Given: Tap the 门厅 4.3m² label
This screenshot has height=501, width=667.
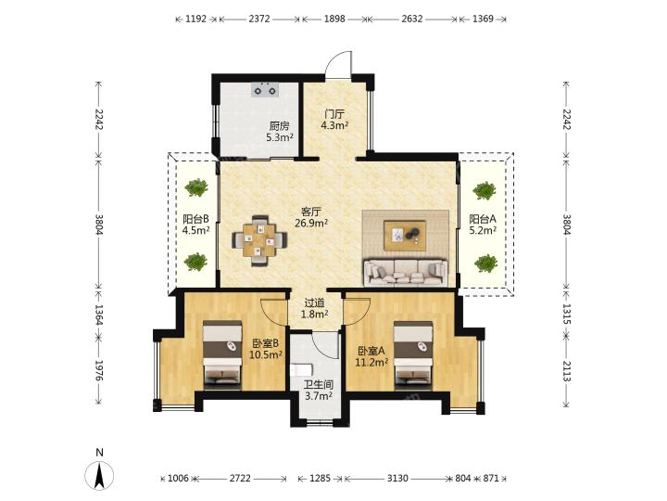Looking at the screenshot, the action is click(x=334, y=120).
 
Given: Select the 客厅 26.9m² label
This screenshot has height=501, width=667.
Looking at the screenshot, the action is click(x=311, y=217).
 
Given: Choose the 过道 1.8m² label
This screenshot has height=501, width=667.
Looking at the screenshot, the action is click(x=314, y=308).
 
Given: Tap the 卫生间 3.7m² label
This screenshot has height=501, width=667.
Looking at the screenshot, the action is click(x=318, y=391).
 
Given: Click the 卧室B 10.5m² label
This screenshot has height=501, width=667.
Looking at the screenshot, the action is click(x=266, y=349).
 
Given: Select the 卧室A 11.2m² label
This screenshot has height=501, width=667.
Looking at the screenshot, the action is click(x=371, y=356).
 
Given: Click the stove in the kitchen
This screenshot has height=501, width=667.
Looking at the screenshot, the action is click(x=265, y=90).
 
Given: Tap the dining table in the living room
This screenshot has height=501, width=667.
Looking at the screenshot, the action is click(x=259, y=240).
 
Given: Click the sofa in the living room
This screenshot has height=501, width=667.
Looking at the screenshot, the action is click(x=406, y=272).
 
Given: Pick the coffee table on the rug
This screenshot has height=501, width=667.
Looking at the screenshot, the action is click(x=405, y=235).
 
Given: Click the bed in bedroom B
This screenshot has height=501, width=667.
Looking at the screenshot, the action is click(x=222, y=355).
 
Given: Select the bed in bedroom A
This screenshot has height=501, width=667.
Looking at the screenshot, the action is click(x=413, y=355).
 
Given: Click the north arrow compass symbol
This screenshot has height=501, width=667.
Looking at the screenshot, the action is click(x=99, y=475).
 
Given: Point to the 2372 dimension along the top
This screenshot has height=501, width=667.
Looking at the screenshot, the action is click(x=259, y=19).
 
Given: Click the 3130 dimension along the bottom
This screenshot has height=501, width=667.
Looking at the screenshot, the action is click(x=397, y=479).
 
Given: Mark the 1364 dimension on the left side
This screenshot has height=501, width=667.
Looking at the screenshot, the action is click(x=99, y=314).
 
